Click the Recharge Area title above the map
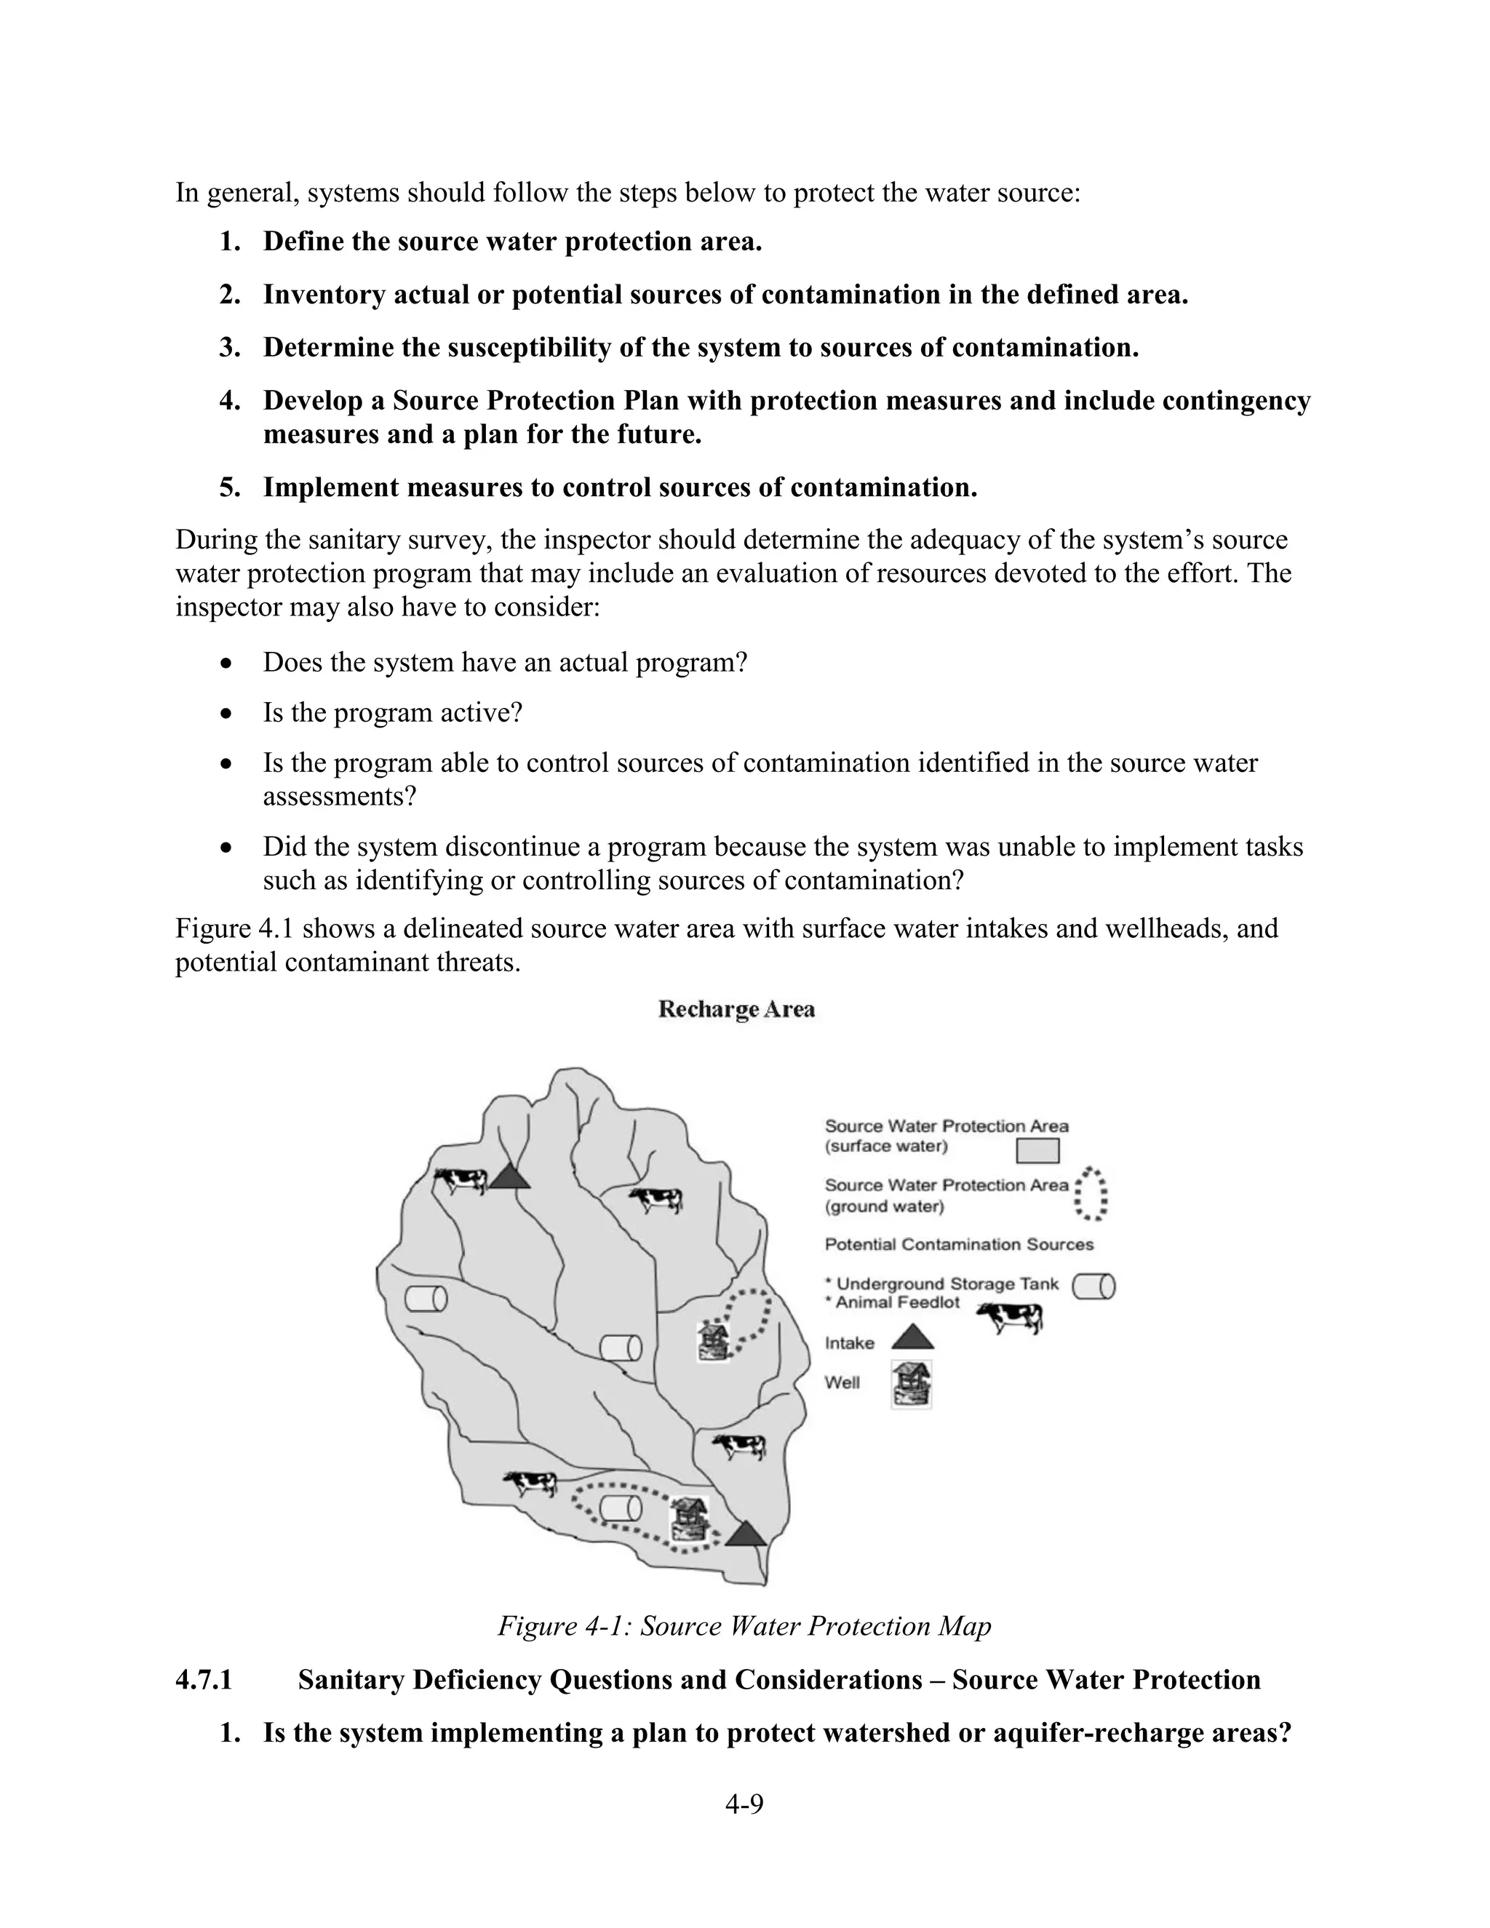pyautogui.click(x=736, y=1009)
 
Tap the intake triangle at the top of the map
pyautogui.click(x=509, y=1176)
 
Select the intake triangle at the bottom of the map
pyautogui.click(x=746, y=1535)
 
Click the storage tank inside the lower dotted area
pyautogui.click(x=622, y=1509)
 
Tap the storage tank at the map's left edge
pyautogui.click(x=426, y=1299)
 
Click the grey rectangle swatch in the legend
pyautogui.click(x=1037, y=1151)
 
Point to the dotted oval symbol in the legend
pyautogui.click(x=1092, y=1195)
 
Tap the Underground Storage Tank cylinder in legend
pyautogui.click(x=1093, y=1287)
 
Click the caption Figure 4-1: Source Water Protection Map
pyautogui.click(x=744, y=1626)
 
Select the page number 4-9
pyautogui.click(x=744, y=1804)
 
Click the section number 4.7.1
pyautogui.click(x=204, y=1680)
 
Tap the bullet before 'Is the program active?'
pyautogui.click(x=227, y=712)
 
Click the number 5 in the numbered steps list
pyautogui.click(x=229, y=487)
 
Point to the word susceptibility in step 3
pyautogui.click(x=529, y=348)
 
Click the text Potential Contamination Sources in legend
pyautogui.click(x=959, y=1245)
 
